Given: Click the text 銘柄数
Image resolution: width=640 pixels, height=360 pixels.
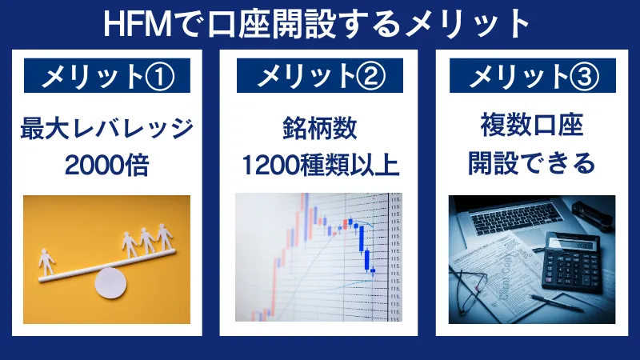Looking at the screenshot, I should tap(320, 128).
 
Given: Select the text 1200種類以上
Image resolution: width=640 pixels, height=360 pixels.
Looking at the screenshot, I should tap(320, 164).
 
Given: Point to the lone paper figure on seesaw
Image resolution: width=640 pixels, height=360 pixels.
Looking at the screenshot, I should tap(47, 261).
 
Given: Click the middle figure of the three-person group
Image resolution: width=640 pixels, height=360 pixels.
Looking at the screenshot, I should tap(148, 239).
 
